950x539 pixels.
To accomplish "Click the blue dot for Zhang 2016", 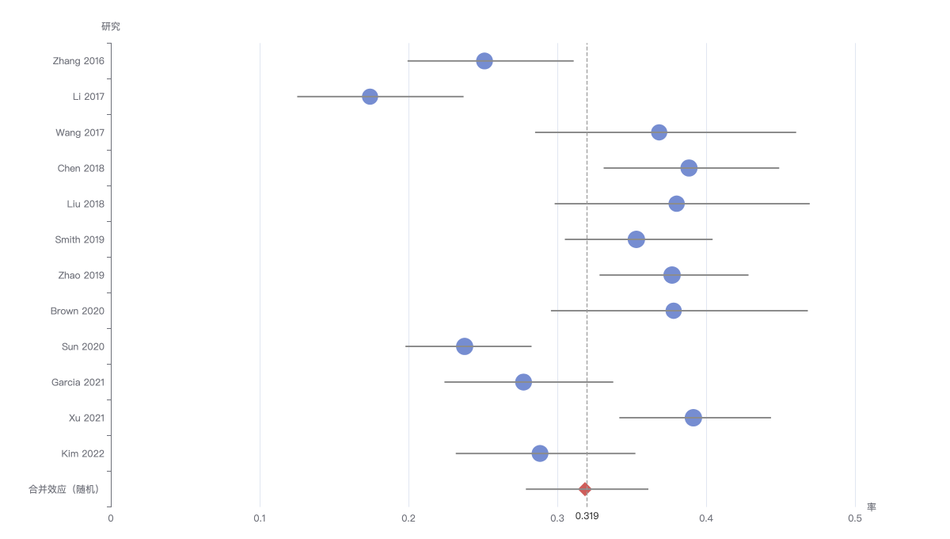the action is coord(484,61).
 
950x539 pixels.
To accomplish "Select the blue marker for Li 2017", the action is coord(370,97).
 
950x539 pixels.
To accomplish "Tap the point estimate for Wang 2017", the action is coord(659,132).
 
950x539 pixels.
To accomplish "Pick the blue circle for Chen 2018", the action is coord(689,168).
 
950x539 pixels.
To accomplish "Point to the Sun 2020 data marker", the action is coord(465,346).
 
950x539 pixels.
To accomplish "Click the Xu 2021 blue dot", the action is coord(693,418).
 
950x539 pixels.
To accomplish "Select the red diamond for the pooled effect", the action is coord(585,489).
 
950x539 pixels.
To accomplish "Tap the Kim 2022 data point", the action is coord(539,453).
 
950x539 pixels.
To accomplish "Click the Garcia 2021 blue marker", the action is coord(523,382).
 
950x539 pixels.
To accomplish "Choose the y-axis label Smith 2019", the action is coord(79,239).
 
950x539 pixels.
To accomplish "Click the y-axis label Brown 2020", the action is coord(78,311).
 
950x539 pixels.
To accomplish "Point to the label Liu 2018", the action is coord(85,204).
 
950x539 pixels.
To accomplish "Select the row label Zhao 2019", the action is coord(81,275).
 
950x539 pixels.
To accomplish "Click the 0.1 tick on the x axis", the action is coord(260,518).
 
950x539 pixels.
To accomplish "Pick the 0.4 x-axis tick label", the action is coord(706,518).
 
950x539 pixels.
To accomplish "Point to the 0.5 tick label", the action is coord(855,518).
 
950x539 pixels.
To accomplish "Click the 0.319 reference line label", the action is coord(587,516).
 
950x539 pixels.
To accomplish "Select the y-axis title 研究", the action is coord(111,26).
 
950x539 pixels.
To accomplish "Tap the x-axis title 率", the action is coord(872,507).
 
